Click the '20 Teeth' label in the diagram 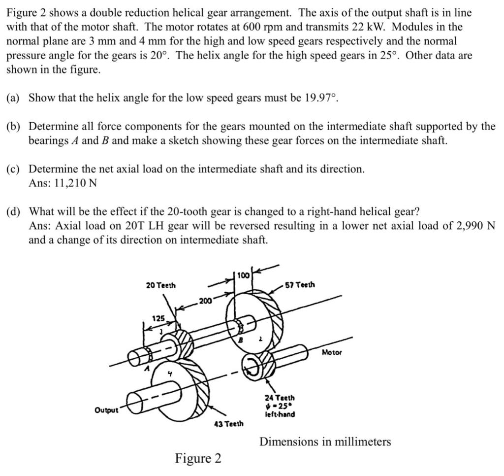coord(161,285)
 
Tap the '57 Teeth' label coord(300,285)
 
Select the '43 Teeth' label coord(228,423)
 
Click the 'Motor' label coord(333,352)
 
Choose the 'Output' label coord(106,410)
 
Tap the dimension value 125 coord(158,319)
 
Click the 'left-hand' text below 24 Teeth coord(279,414)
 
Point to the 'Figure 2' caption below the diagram coord(198,459)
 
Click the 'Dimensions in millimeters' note coord(325,442)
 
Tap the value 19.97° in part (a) coord(321,98)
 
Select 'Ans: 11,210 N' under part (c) coord(63,183)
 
